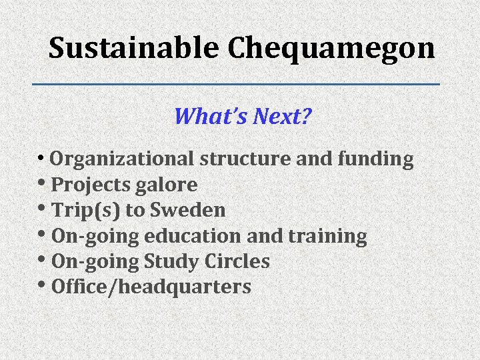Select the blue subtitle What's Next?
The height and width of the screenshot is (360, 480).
[x=243, y=117]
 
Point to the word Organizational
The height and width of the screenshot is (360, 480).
[x=122, y=160]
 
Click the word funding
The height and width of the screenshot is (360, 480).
[x=376, y=160]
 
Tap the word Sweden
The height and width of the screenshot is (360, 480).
[x=188, y=211]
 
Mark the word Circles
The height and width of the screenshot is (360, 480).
[x=237, y=262]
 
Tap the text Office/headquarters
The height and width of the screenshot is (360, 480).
[x=151, y=287]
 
